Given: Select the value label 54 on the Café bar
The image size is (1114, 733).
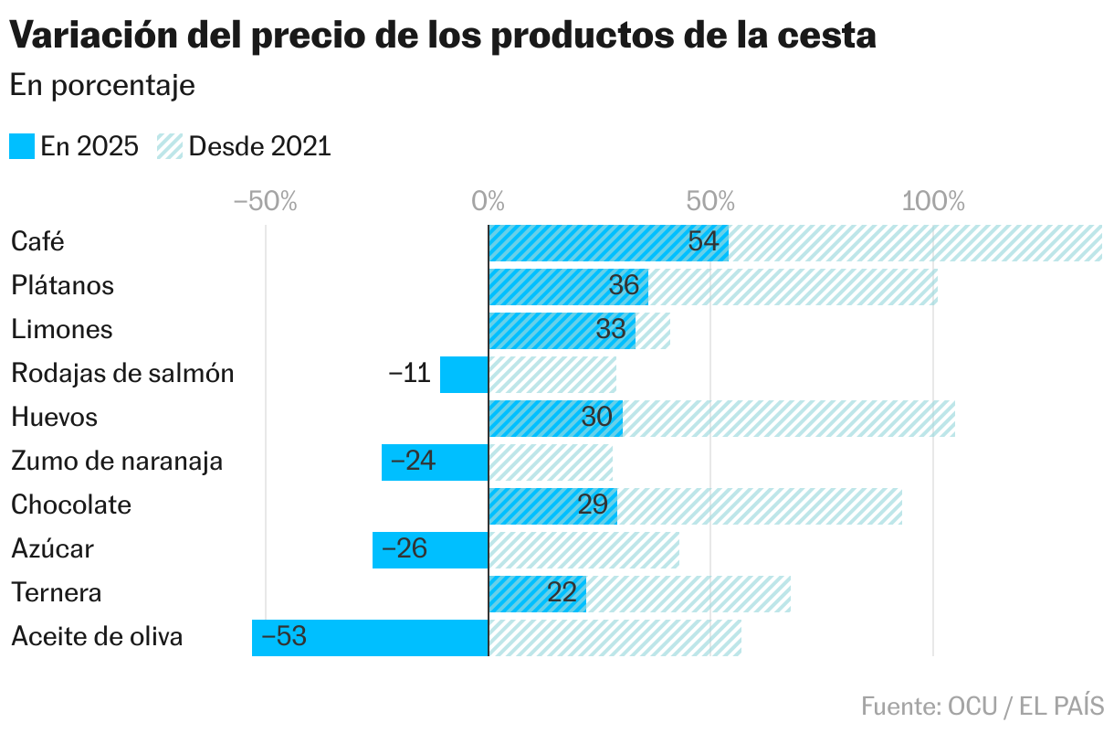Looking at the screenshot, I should [x=703, y=242].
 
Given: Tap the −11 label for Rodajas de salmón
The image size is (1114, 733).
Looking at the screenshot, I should [x=409, y=374].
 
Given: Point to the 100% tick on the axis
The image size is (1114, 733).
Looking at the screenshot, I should [x=933, y=201].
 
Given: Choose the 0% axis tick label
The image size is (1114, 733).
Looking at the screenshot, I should [x=489, y=201].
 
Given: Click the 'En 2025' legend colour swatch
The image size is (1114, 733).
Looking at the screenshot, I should [x=22, y=146].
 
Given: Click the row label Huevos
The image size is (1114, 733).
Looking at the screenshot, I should [x=54, y=418].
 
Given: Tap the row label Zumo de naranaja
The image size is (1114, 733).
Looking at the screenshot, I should [x=117, y=462].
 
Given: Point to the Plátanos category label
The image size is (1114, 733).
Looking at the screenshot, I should [x=62, y=286].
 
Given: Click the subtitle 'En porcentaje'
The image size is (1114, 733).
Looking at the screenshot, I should [x=102, y=86].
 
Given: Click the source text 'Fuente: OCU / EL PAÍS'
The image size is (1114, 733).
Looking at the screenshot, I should [x=982, y=706].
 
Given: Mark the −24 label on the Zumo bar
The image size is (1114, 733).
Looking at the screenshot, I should [x=413, y=462].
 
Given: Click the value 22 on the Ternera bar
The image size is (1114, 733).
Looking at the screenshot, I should [x=562, y=593].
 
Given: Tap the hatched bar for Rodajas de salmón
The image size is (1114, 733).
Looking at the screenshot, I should [x=552, y=374].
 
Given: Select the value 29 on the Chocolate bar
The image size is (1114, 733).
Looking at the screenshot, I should [x=593, y=505].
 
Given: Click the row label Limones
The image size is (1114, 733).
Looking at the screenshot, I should [x=61, y=330].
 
